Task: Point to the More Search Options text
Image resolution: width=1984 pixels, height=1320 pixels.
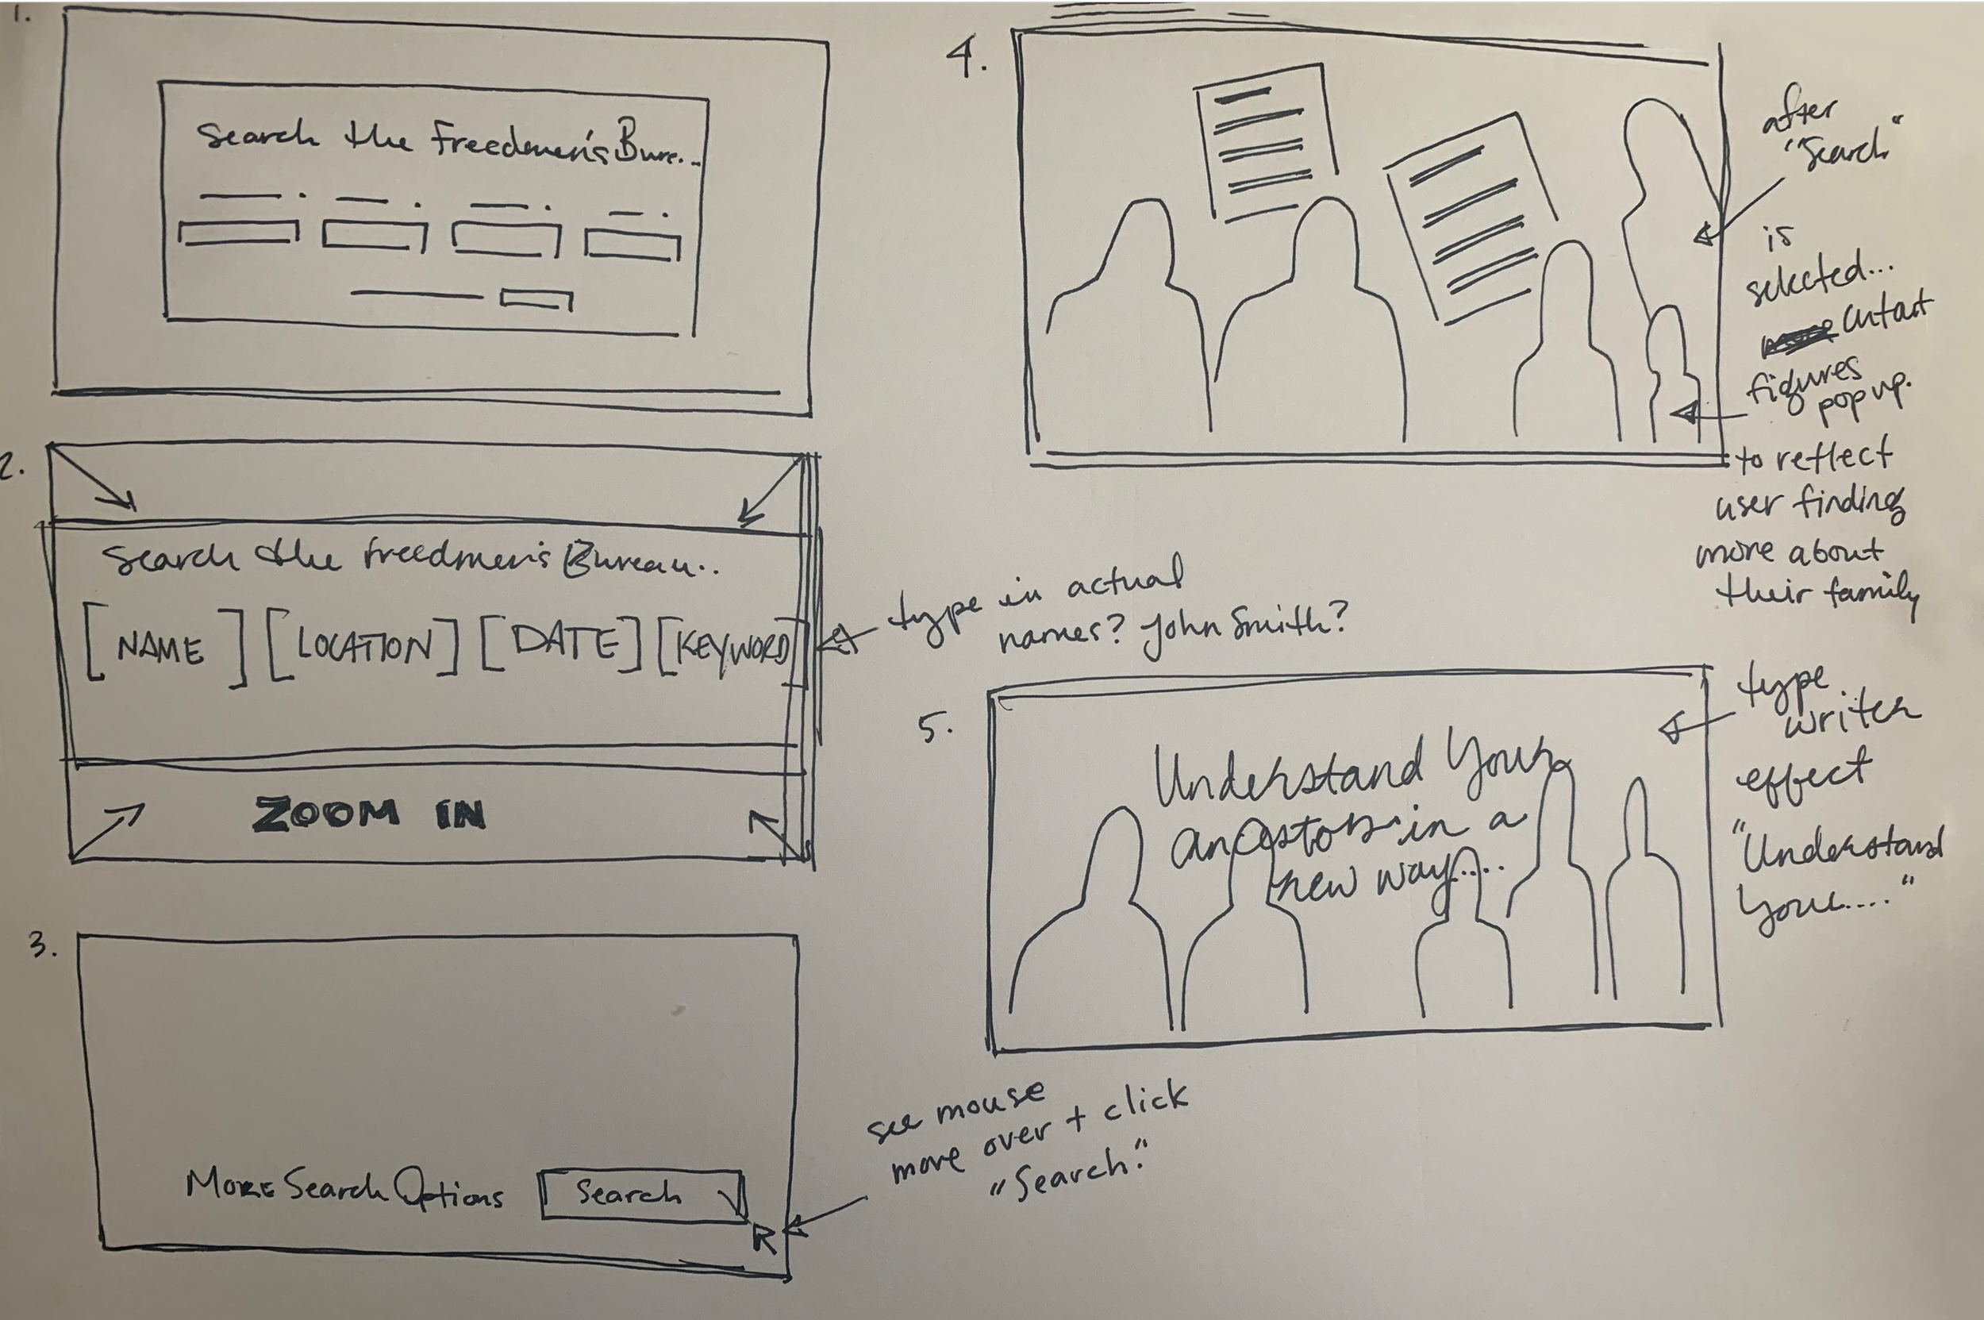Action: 344,1189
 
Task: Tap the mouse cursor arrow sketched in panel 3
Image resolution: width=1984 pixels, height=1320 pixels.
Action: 763,1237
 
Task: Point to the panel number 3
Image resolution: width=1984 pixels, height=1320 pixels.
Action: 42,946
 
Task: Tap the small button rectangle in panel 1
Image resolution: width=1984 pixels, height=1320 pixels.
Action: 536,300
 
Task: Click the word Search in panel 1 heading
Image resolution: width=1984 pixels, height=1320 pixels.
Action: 257,135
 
